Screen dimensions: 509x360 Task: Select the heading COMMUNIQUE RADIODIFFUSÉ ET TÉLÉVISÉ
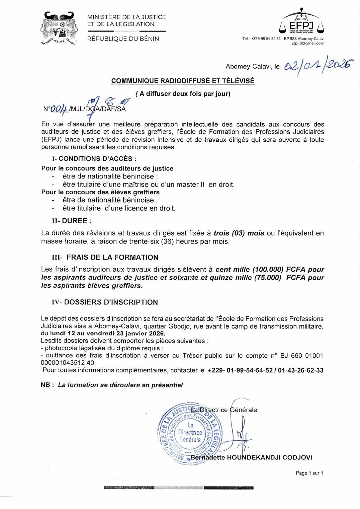183,81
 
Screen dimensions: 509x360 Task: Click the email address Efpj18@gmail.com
308,43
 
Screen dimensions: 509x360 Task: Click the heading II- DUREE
71,221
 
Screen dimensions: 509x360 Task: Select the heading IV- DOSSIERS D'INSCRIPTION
105,302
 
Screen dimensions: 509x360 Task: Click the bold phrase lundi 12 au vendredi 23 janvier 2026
107,334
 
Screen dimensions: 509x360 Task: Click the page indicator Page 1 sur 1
309,473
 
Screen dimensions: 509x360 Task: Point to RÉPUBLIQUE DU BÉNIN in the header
123,39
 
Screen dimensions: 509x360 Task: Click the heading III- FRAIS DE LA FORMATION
105,258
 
